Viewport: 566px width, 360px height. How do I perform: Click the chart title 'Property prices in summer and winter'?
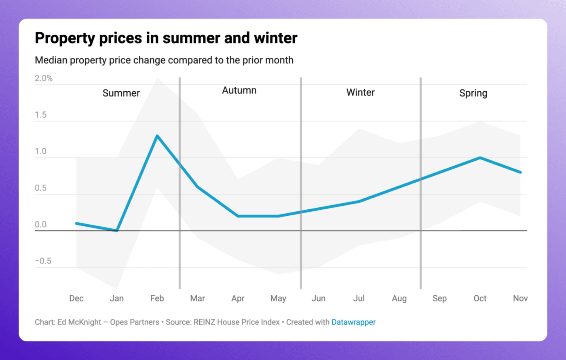pyautogui.click(x=166, y=38)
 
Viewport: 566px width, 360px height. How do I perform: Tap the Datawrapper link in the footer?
pyautogui.click(x=353, y=322)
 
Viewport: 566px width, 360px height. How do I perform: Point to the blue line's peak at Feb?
pyautogui.click(x=157, y=136)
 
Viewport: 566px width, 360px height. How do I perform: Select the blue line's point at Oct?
pyautogui.click(x=480, y=158)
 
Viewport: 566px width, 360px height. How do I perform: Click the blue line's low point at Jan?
pyautogui.click(x=117, y=230)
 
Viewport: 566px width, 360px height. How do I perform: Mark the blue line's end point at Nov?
pyautogui.click(x=520, y=172)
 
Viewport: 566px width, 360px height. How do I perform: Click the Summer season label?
pyautogui.click(x=121, y=93)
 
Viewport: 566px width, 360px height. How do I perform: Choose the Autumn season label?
pyautogui.click(x=239, y=90)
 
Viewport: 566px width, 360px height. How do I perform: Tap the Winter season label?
pyautogui.click(x=360, y=93)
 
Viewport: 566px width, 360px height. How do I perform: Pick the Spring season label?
pyautogui.click(x=473, y=93)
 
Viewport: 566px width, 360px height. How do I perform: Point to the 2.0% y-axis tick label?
pyautogui.click(x=44, y=78)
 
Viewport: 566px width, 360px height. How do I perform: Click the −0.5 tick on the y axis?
pyautogui.click(x=43, y=261)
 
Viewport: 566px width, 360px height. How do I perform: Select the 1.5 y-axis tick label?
pyautogui.click(x=40, y=115)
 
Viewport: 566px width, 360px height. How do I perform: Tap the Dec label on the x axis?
pyautogui.click(x=76, y=298)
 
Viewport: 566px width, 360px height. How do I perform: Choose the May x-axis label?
pyautogui.click(x=278, y=299)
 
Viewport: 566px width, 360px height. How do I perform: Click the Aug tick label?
pyautogui.click(x=399, y=299)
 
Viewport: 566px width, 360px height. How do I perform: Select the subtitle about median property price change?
pyautogui.click(x=164, y=60)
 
